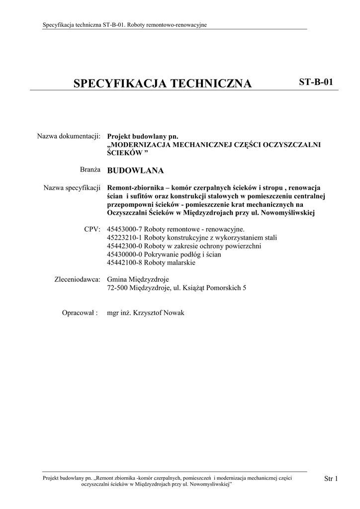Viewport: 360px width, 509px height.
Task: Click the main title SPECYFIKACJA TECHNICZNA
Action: [163, 84]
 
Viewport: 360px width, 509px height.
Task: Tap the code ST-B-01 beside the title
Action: [316, 82]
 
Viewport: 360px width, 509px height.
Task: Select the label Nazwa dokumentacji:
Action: [69, 136]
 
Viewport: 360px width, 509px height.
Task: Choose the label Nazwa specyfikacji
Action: [72, 188]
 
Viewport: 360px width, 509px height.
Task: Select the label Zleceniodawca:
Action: [77, 279]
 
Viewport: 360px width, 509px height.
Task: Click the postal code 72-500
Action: [117, 288]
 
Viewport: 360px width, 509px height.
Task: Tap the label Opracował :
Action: [80, 313]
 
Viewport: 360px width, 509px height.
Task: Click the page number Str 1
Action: [331, 479]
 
